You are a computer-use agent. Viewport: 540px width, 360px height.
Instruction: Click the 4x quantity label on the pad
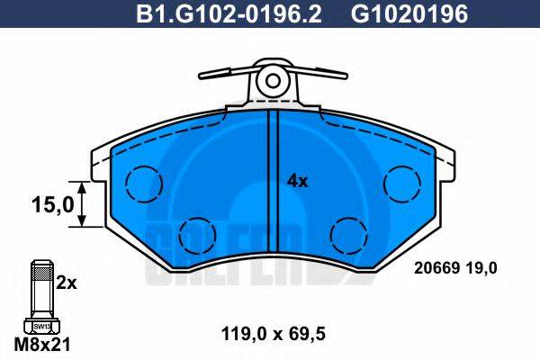point(297,181)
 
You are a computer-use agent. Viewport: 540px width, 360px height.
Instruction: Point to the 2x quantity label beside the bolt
point(67,282)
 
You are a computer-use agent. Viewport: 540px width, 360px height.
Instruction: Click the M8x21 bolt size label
point(40,345)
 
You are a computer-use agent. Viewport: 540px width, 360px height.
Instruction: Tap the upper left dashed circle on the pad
point(141,184)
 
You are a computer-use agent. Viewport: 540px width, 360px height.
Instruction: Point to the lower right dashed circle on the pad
point(345,235)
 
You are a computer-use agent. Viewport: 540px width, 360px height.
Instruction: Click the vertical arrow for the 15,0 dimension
point(83,205)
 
